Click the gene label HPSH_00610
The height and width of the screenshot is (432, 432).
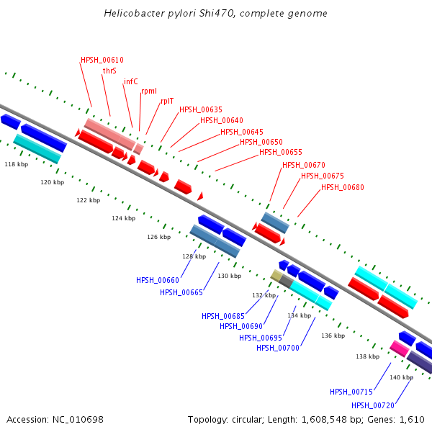pos(102,60)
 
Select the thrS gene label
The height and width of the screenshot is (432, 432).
pos(109,71)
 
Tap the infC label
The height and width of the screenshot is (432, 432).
pos(130,81)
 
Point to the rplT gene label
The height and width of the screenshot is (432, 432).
pos(167,101)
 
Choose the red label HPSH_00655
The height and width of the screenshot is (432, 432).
pos(281,152)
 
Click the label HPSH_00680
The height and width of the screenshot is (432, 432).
pos(343,187)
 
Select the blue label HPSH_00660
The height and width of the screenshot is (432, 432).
pos(158,281)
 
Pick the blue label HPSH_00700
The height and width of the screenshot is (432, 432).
pos(278,348)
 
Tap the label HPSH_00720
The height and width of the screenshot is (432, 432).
pos(373,405)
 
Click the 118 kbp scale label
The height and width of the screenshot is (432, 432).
pos(17,164)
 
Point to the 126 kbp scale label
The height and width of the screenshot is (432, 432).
pos(158,237)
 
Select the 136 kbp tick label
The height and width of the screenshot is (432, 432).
pos(333,336)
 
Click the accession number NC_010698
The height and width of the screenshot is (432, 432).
pos(78,420)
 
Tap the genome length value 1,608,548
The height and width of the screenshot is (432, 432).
pos(324,420)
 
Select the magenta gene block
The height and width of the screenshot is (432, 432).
pos(400,348)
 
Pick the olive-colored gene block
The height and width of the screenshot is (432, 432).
pos(276,276)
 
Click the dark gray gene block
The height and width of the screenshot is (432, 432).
pos(287,281)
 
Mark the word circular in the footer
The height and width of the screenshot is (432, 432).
pos(248,420)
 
